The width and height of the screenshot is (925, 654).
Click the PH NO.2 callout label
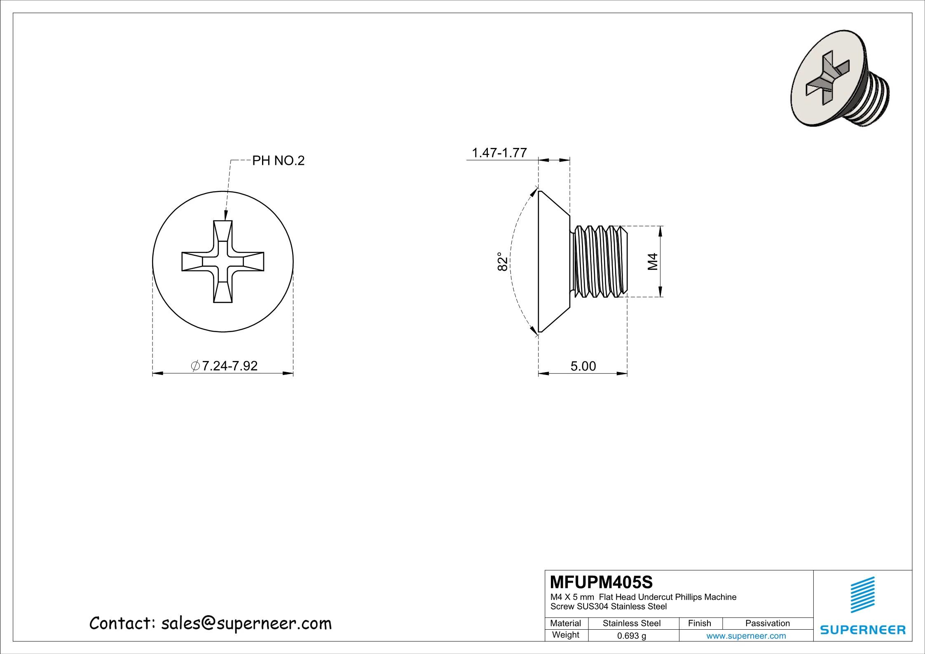pos(278,161)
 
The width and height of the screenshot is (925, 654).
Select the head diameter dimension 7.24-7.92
pos(225,366)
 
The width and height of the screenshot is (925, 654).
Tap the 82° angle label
pos(502,261)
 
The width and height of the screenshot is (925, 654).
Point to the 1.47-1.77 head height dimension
pos(499,153)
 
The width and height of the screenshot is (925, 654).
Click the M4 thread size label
pos(653,261)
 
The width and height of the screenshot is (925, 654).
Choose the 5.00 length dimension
pos(583,366)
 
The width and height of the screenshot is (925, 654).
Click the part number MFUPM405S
pos(601,582)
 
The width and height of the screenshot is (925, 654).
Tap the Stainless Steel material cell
pos(631,623)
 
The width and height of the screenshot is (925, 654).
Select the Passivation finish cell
pos(767,623)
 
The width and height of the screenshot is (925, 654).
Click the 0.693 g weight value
pos(631,635)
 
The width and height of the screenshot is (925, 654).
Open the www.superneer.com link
pos(746,635)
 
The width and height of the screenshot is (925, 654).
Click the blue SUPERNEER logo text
pos(863,630)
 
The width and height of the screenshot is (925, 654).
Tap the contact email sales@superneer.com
pos(246,624)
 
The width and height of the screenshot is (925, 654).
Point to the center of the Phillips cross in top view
pos(223,262)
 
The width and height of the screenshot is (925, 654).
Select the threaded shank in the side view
pos(599,261)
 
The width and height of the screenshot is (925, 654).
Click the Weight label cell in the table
pos(566,635)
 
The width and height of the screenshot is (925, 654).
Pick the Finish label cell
pos(699,623)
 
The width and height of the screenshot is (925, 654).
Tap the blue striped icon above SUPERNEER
pos(863,595)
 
